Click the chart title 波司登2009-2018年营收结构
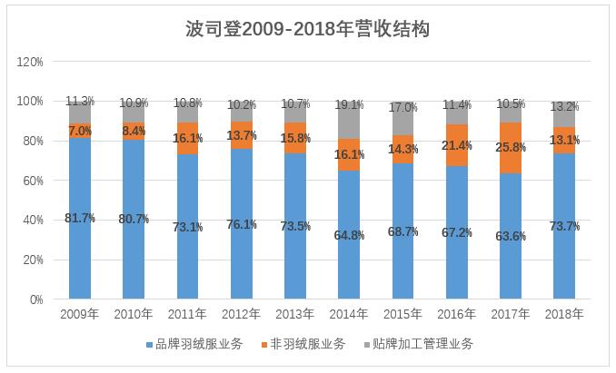click(307, 29)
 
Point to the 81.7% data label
click(80, 219)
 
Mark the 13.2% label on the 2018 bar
click(564, 107)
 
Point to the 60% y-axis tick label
click(33, 181)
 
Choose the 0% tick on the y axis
click(36, 299)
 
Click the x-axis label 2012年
click(241, 314)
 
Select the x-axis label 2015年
click(402, 314)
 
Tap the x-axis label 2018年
click(564, 314)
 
